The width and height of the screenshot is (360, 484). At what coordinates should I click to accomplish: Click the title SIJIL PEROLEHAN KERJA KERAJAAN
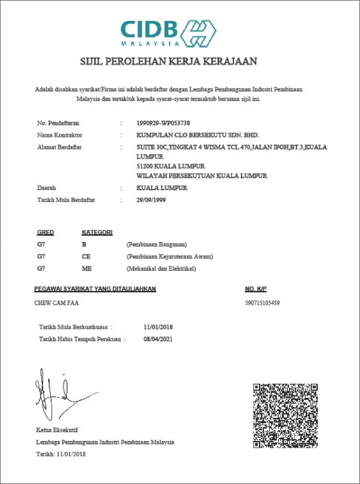[x=168, y=61]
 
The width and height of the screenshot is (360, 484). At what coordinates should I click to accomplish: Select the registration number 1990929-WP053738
[x=164, y=123]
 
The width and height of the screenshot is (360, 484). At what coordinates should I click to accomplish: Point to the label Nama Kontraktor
[x=60, y=135]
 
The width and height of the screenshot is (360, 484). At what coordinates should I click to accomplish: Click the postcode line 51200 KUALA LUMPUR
[x=171, y=166]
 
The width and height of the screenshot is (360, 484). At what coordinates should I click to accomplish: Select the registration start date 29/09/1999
[x=151, y=200]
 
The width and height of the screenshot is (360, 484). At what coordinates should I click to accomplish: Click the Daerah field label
[x=47, y=188]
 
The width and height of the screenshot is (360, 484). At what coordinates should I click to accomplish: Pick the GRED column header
[x=45, y=232]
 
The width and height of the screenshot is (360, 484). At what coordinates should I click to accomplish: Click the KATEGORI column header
[x=97, y=232]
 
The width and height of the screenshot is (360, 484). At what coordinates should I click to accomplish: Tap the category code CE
[x=86, y=256]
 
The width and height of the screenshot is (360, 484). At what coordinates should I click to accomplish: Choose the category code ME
[x=87, y=268]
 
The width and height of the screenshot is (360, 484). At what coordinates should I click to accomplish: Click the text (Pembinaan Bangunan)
[x=157, y=244]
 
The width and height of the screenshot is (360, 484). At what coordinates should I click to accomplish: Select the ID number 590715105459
[x=262, y=303]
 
